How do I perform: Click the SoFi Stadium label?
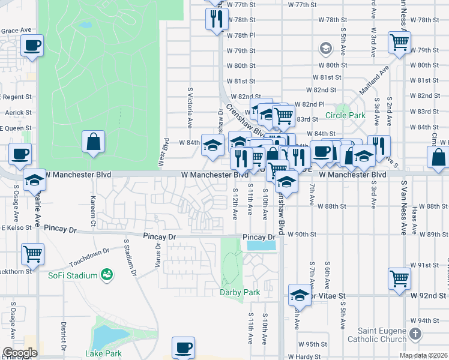pyautogui.click(x=73, y=275)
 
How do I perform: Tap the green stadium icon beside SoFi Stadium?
pyautogui.click(x=107, y=275)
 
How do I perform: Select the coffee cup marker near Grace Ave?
pyautogui.click(x=32, y=46)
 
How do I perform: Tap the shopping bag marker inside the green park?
pyautogui.click(x=93, y=142)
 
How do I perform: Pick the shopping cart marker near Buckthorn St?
pyautogui.click(x=32, y=253)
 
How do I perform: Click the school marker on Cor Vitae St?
pyautogui.click(x=299, y=295)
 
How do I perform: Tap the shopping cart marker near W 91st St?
pyautogui.click(x=399, y=278)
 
